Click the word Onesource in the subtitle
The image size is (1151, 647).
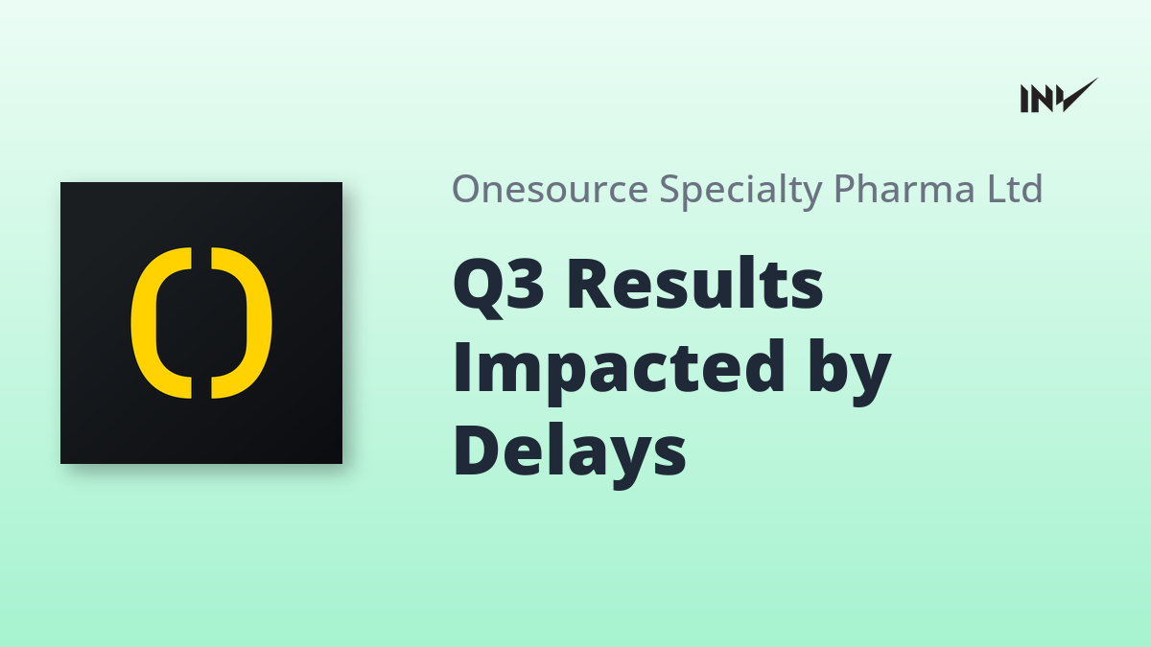pyautogui.click(x=550, y=189)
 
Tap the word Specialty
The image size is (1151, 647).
pyautogui.click(x=740, y=190)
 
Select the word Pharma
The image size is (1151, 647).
pyautogui.click(x=904, y=188)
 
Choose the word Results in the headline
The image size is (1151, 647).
pyautogui.click(x=695, y=283)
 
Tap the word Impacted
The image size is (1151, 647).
pyautogui.click(x=619, y=371)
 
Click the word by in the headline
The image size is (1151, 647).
pyautogui.click(x=850, y=372)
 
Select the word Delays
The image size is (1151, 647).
pyautogui.click(x=570, y=455)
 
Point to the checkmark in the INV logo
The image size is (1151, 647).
pyautogui.click(x=1078, y=95)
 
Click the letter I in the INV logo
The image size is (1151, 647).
pyautogui.click(x=1024, y=99)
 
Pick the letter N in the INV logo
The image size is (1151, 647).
pyautogui.click(x=1041, y=99)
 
